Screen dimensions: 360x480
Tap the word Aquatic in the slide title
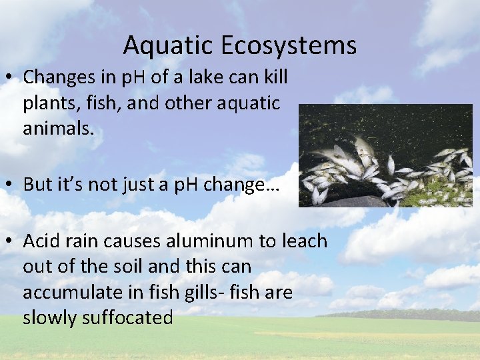click(x=167, y=46)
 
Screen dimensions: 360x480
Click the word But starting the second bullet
click(x=37, y=185)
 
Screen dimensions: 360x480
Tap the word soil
click(x=131, y=267)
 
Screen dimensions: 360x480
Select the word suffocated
click(x=127, y=317)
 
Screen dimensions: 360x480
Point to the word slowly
click(x=50, y=317)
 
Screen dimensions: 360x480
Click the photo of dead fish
click(x=385, y=155)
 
